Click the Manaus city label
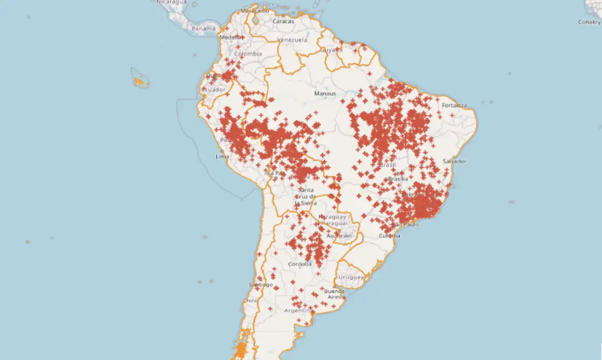(325, 94)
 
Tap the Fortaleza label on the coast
(454, 106)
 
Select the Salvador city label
(454, 161)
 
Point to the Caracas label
(284, 22)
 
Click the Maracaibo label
(255, 10)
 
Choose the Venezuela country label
(292, 40)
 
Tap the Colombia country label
(248, 54)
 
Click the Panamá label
(203, 29)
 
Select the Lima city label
(223, 156)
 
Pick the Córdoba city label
(300, 264)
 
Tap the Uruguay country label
(351, 277)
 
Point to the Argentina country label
(298, 311)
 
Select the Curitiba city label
(389, 236)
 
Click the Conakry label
(589, 22)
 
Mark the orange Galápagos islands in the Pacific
(139, 81)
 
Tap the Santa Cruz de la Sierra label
(305, 196)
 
